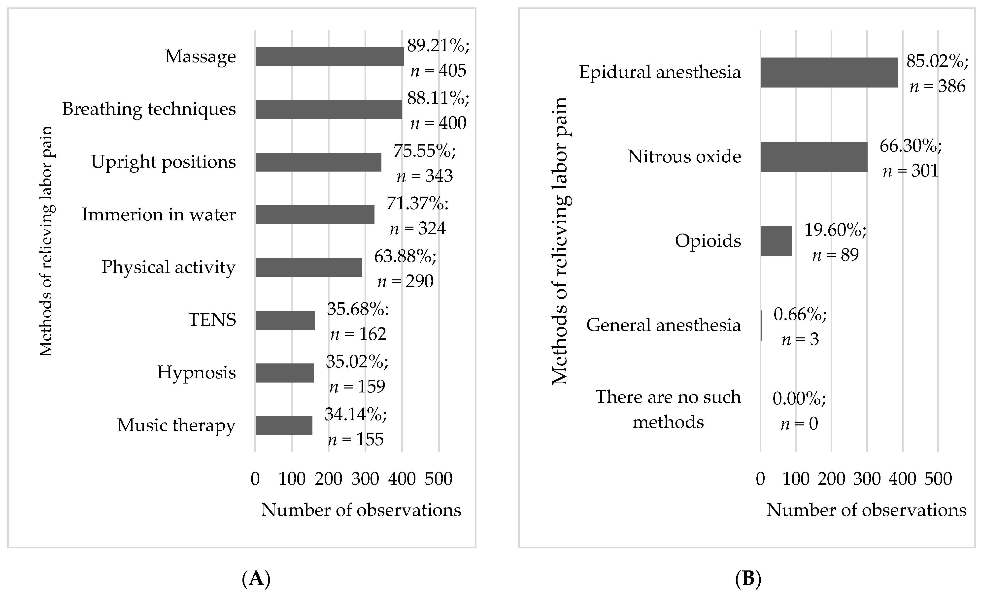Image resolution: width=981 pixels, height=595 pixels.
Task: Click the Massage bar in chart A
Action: tap(330, 57)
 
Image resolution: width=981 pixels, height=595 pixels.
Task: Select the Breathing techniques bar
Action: tap(329, 109)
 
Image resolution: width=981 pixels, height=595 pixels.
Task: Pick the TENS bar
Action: tap(285, 320)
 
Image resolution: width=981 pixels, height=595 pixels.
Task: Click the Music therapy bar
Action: tap(284, 426)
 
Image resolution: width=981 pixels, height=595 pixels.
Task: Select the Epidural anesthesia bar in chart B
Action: tap(829, 72)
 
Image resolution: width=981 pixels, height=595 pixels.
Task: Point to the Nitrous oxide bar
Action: tap(814, 157)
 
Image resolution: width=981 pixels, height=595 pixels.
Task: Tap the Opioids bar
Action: tap(776, 241)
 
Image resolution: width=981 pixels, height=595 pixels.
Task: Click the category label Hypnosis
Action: tap(196, 373)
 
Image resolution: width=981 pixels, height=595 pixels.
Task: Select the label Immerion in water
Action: tap(159, 215)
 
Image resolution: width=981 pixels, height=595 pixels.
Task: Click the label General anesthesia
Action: tap(663, 325)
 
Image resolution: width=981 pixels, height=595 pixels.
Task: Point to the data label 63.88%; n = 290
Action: tap(405, 269)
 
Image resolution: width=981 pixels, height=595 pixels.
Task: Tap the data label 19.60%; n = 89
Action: tap(835, 242)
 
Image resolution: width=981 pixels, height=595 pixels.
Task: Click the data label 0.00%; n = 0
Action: tap(799, 411)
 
